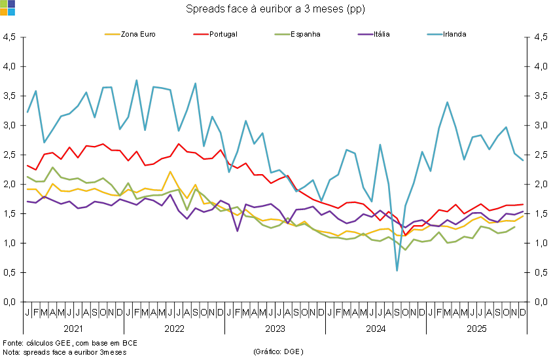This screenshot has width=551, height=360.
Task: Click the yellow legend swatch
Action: tap(112, 34)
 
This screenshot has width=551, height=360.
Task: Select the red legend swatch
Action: tap(201, 34)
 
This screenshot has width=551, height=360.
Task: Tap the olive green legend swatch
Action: tap(282, 34)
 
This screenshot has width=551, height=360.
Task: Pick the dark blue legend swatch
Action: tap(365, 34)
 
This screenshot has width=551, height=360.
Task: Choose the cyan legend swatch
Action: tap(435, 34)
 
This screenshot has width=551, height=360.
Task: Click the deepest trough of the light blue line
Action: tap(397, 270)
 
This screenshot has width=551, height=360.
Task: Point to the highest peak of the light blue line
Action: tap(136, 81)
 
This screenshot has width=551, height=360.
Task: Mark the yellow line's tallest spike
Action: tap(170, 171)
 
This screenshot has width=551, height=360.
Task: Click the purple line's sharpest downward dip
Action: tap(238, 231)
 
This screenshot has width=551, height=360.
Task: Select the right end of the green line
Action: tap(515, 226)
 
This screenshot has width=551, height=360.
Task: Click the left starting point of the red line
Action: tap(27, 166)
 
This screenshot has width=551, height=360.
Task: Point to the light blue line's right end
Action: tap(524, 160)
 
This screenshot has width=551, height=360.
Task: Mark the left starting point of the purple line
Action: tap(27, 202)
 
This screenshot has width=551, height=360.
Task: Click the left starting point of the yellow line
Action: tap(27, 189)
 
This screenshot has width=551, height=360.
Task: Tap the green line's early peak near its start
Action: tap(53, 168)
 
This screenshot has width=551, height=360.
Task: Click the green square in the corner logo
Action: tap(3, 4)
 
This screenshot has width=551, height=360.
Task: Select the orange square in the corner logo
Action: tap(3, 12)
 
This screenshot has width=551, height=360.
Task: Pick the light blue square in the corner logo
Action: tap(11, 12)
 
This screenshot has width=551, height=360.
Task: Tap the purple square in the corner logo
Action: tap(11, 4)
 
